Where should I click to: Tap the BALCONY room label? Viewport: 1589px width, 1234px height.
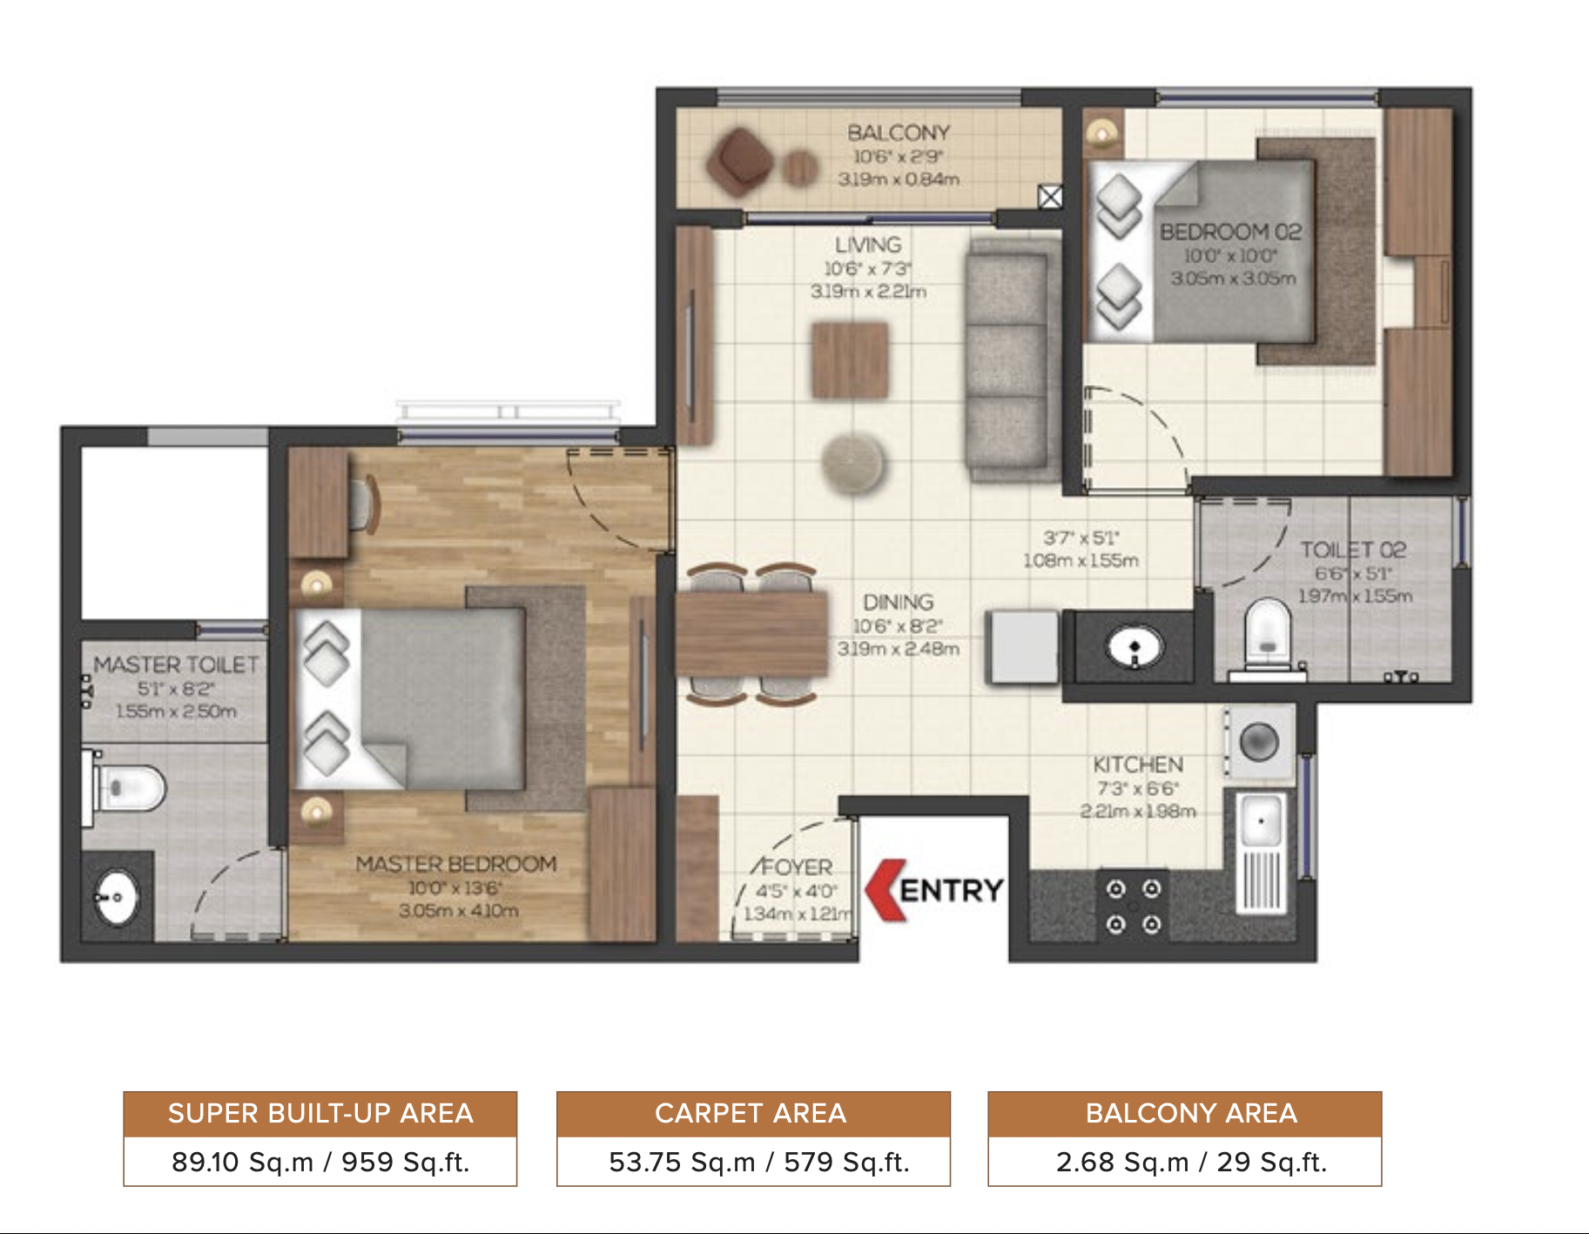tap(898, 133)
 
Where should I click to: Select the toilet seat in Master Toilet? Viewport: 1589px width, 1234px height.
tap(131, 787)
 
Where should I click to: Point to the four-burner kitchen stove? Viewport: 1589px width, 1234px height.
tap(1133, 906)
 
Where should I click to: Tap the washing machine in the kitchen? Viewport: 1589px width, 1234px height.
tap(1259, 743)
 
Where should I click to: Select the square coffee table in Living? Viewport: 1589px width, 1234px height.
tap(850, 360)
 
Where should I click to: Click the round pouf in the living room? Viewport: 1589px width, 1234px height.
tap(853, 462)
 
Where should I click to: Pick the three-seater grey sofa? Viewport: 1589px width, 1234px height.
tap(1007, 359)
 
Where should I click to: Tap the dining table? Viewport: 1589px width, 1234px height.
tap(751, 634)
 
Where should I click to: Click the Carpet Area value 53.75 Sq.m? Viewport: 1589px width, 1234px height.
tap(681, 1162)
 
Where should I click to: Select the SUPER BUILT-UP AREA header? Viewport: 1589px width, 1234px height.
tap(320, 1114)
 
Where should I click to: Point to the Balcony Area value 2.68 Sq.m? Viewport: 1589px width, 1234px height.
tap(1121, 1162)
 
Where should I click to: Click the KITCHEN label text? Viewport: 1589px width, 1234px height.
tap(1138, 765)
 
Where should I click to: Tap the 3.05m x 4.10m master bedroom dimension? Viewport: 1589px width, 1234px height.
tap(458, 911)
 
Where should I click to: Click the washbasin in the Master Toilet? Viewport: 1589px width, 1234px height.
tap(116, 898)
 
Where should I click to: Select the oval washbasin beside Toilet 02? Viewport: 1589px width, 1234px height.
tap(1134, 647)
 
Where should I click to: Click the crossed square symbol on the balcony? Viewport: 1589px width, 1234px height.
tap(1050, 197)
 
